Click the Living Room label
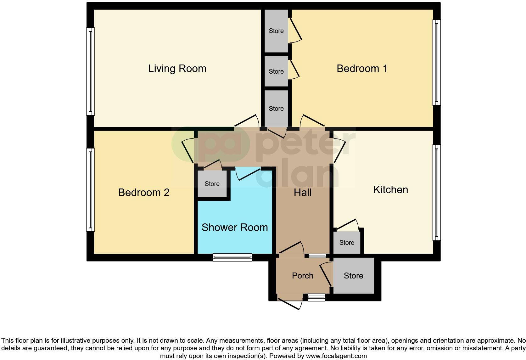pos(177,69)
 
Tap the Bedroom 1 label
pos(362,69)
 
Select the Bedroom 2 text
pos(144,193)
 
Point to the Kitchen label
pos(390,190)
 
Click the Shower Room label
pos(234,228)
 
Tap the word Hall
pos(302,193)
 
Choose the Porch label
pos(302,276)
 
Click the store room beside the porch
pos(353,276)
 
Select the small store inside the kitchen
pos(347,243)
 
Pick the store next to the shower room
pos(212,184)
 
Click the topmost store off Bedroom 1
pos(276,31)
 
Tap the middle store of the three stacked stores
pos(276,71)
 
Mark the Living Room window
pos(90,71)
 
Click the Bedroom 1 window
pos(436,62)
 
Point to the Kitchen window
pos(436,192)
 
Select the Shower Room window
pos(232,257)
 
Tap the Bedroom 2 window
pos(90,190)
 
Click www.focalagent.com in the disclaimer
pos(336,356)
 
